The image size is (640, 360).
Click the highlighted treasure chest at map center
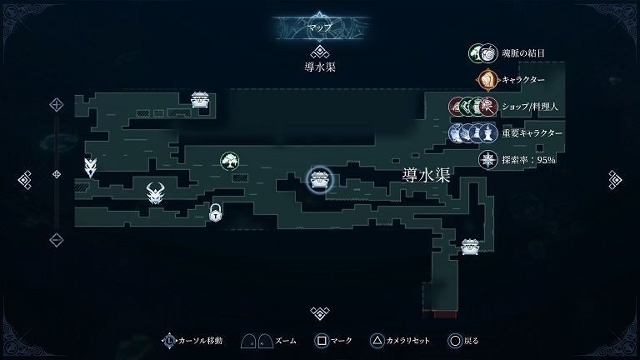pos(320,180)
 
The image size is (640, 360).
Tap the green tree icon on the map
pos(229,161)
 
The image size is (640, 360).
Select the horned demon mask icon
pos(156,193)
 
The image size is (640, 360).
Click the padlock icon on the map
pos(216,212)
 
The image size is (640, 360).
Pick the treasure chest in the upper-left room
pos(199,100)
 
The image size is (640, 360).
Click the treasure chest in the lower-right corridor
pos(470,247)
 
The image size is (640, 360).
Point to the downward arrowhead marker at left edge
pos(90,167)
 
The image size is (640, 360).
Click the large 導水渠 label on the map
pos(426,176)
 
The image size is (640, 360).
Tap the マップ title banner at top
pos(320,27)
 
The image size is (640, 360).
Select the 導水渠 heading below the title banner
pos(320,67)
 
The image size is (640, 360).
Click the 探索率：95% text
pos(528,160)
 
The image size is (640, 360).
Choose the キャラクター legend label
pos(522,80)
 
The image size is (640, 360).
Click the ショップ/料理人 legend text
pos(529,107)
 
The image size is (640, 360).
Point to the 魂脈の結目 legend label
pos(522,53)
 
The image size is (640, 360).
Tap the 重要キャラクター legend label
pos(532,133)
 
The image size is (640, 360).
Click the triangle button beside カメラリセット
pos(377,340)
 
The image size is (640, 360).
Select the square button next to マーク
pos(322,340)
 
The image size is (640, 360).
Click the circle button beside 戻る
pos(455,340)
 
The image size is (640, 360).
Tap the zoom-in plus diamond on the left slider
pos(57,105)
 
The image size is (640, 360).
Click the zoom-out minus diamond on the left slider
pos(57,240)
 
